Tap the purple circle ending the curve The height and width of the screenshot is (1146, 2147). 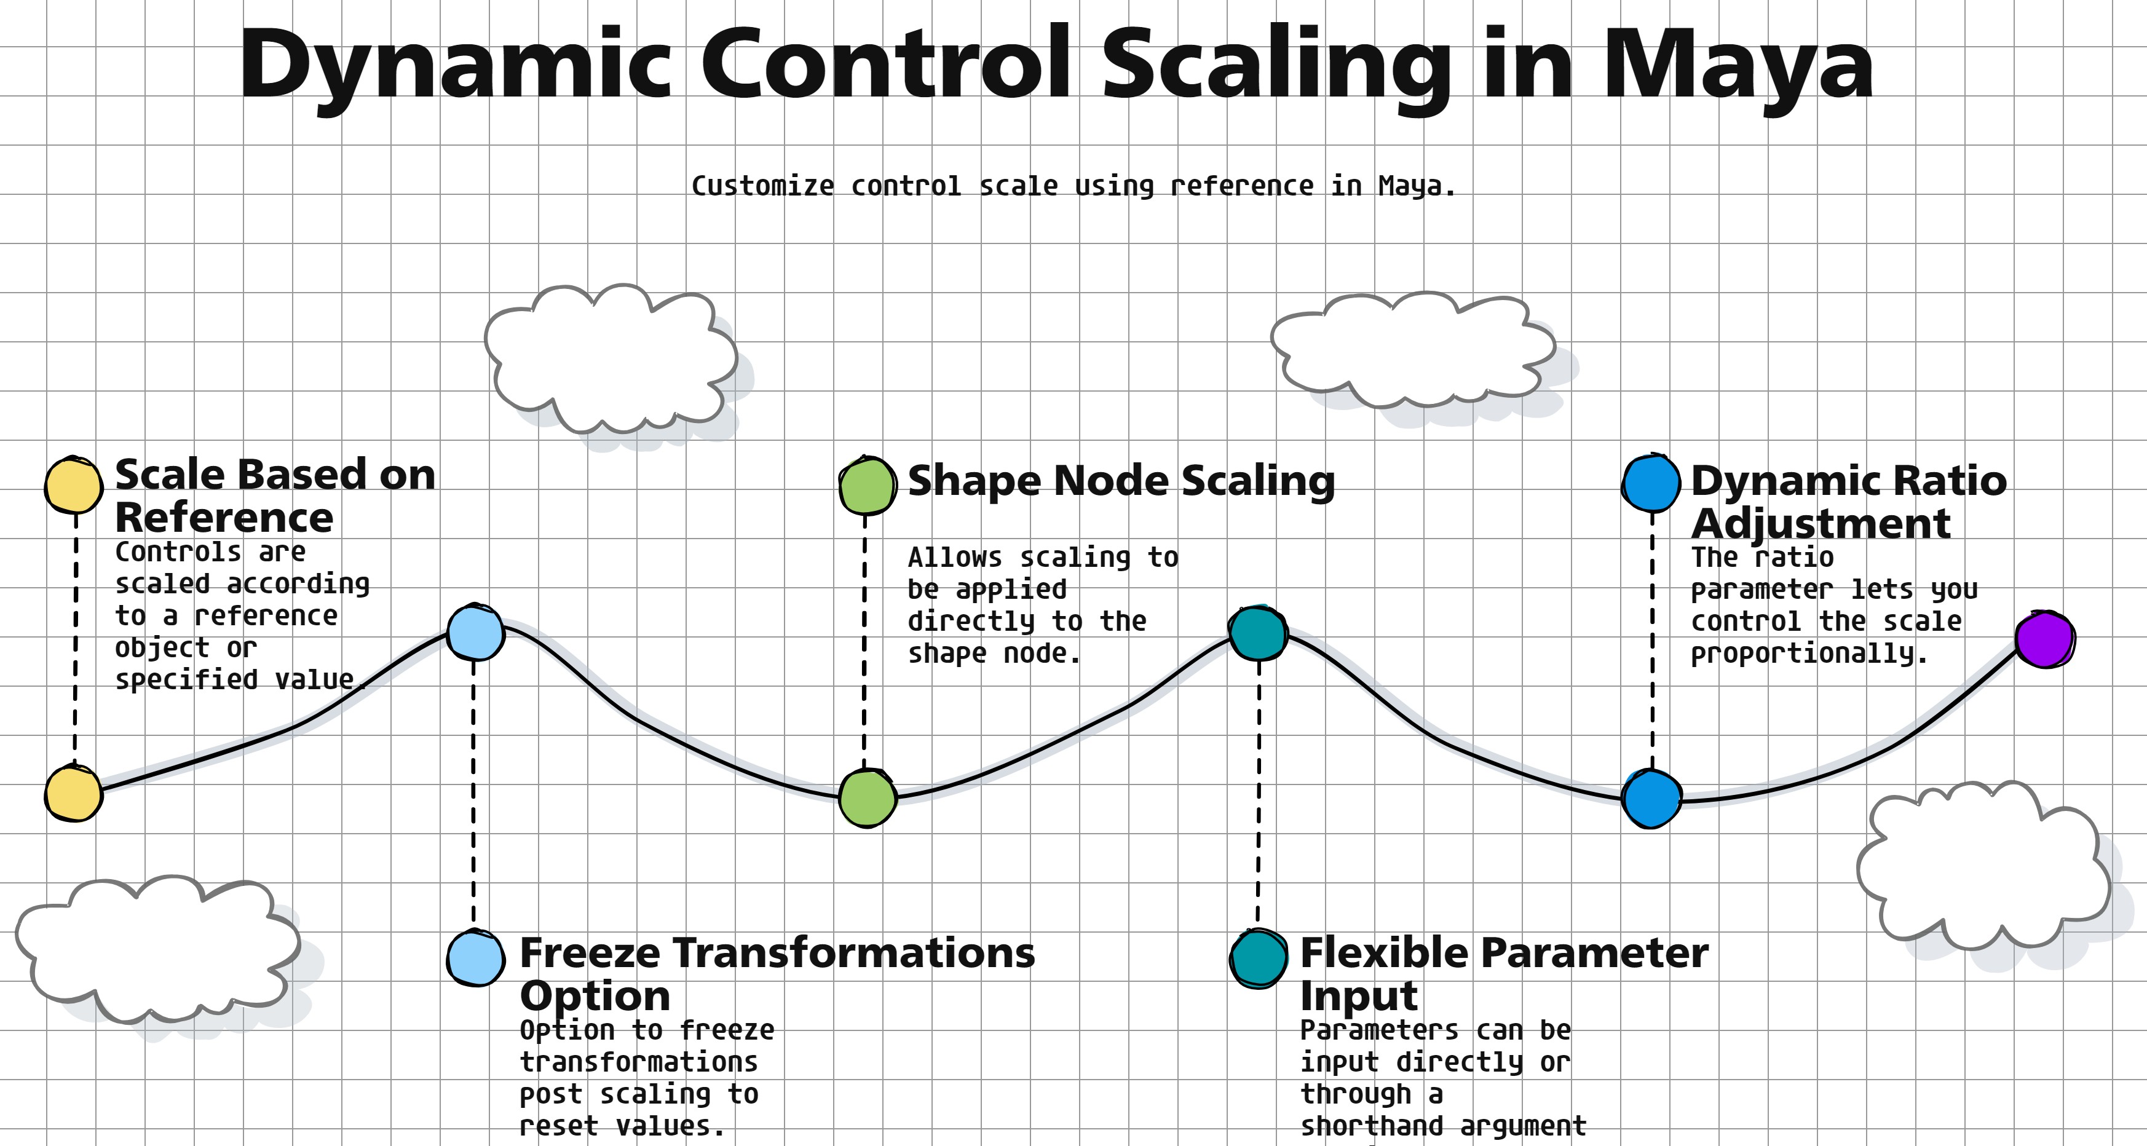pos(2046,639)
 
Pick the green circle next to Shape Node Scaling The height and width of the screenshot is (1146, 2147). pos(868,485)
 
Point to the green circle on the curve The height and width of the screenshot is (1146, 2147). pos(868,799)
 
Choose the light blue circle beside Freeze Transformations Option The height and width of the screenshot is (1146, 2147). pos(475,958)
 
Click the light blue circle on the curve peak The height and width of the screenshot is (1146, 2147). pos(475,633)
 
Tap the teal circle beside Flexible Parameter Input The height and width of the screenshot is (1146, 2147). pos(1259,958)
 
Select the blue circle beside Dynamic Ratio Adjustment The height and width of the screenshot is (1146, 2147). pos(1651,483)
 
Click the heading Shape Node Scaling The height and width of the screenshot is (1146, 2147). pos(1121,482)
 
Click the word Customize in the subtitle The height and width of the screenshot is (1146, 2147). pos(762,186)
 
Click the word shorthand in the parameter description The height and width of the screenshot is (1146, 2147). pos(1372,1126)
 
